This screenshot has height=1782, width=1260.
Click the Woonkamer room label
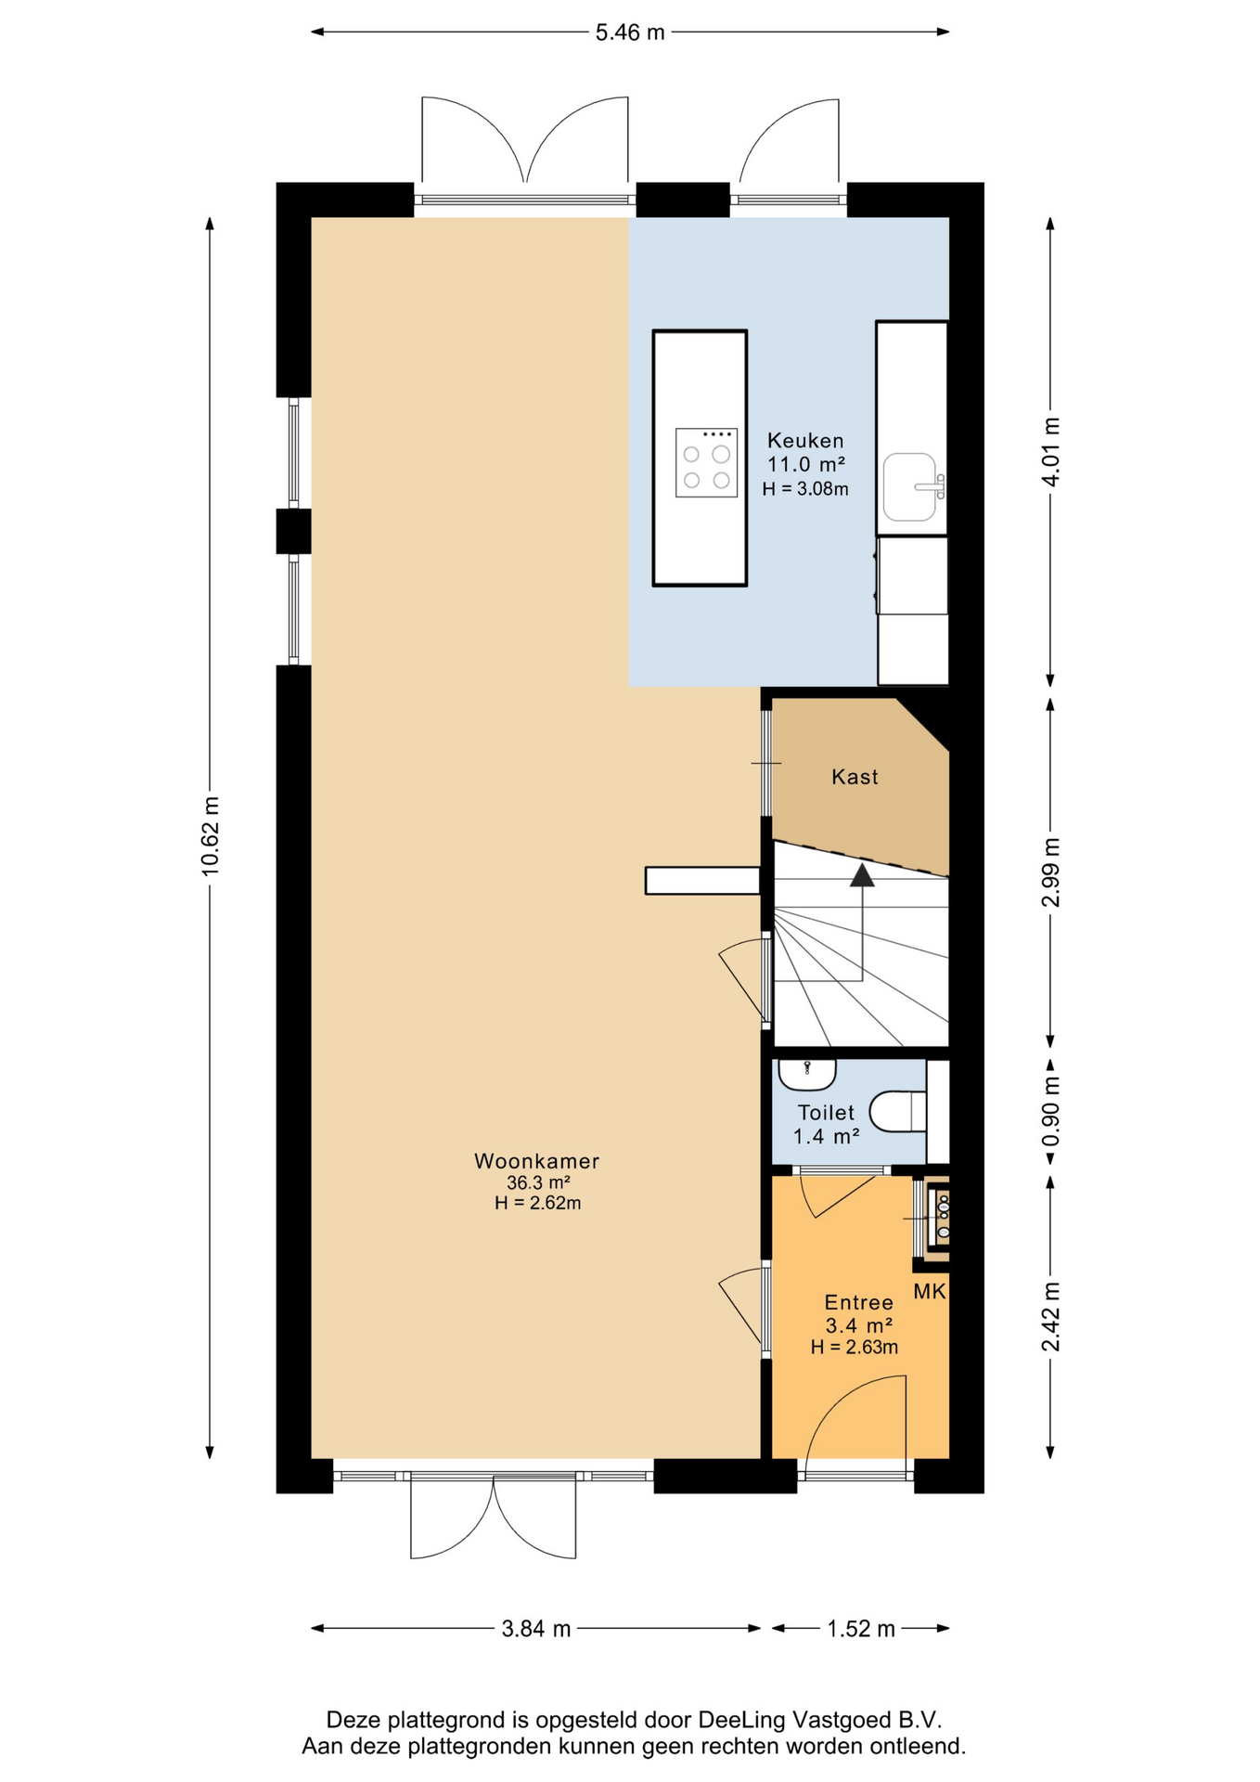(536, 1161)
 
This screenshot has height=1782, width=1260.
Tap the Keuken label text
(805, 441)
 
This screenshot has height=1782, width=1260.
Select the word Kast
(855, 777)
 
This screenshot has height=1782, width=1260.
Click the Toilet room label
(826, 1112)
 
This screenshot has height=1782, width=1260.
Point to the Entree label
(858, 1303)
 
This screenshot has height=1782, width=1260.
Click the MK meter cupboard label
(930, 1291)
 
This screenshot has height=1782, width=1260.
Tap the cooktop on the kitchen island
(706, 463)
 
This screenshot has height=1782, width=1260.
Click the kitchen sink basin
(909, 486)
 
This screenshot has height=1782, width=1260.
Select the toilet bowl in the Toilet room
(897, 1111)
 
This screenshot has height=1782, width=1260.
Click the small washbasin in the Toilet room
(807, 1074)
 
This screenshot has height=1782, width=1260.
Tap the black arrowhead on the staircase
(863, 874)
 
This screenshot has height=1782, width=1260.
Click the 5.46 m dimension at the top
(630, 32)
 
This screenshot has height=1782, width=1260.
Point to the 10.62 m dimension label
(211, 836)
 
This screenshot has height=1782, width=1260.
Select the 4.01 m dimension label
(1051, 452)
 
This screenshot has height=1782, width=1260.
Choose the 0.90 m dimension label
(1051, 1113)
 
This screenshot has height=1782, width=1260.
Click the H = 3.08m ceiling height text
(805, 489)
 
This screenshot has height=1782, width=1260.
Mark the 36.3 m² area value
(537, 1183)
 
